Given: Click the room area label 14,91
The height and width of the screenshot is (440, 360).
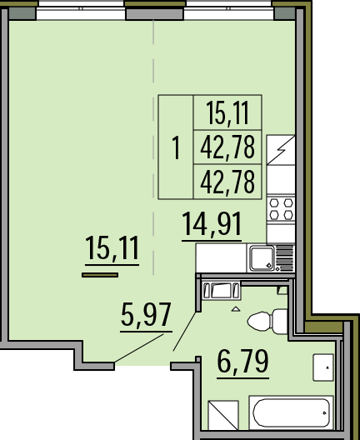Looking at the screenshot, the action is pos(212,224).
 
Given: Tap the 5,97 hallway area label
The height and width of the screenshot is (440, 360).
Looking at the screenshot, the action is pos(146,315).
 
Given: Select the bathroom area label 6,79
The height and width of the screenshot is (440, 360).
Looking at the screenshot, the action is pos(243,362).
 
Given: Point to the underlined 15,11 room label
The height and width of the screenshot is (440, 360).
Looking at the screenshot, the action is pos(112,247).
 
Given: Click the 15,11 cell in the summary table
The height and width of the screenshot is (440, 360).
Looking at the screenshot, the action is pos(227,112).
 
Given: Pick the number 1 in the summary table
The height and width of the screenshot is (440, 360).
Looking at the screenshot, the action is pos(176,147).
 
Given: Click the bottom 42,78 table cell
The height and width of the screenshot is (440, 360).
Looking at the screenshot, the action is pos(227,182).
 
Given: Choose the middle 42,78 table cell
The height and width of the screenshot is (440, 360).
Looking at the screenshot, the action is pos(227,147).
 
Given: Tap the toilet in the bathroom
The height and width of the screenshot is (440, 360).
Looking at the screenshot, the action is pos(267,322).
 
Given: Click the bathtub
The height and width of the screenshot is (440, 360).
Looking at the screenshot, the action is pos(292,412).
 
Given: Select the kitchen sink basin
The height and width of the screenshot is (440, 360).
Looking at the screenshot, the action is pos(262,258).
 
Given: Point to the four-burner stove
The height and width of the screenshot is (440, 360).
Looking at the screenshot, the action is pos(281,209).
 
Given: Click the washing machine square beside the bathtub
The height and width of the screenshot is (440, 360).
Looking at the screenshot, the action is pos(223,415).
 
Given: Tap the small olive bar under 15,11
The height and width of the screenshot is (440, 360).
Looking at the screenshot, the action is pos(100,275).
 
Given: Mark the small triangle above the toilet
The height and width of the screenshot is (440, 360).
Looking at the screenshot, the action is pos(236,309).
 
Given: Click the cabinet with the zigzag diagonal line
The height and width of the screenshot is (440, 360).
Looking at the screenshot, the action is pos(281,150).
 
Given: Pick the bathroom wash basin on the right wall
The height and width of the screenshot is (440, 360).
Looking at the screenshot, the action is pos(323,367).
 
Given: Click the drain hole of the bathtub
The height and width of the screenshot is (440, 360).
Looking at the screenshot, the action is pos(324,413).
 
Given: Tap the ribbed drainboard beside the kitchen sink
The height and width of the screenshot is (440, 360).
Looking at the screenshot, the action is pos(284,258).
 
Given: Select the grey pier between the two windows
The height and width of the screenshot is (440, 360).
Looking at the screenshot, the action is pos(155,13).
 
